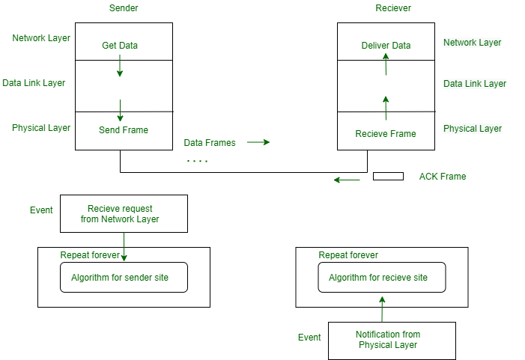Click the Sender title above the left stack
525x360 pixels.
click(124, 7)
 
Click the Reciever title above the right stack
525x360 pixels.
click(393, 7)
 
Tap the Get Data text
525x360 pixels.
click(120, 46)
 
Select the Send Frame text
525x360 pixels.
click(124, 130)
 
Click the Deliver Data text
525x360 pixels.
click(385, 46)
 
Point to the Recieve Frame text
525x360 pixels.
click(386, 134)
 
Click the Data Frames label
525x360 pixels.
click(210, 142)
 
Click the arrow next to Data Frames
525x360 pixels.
click(258, 141)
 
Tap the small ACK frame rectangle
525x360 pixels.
click(388, 177)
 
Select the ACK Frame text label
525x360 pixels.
click(443, 177)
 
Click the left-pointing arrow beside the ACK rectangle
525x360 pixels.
click(347, 180)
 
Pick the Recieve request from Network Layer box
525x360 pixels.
click(124, 214)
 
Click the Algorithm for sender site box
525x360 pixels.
click(124, 277)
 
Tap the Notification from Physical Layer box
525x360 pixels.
click(391, 341)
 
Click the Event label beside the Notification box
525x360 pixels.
click(309, 338)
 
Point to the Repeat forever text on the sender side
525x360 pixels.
click(90, 255)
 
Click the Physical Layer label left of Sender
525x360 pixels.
click(41, 128)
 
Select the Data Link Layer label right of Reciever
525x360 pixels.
click(475, 84)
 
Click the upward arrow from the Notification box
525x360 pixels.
click(382, 308)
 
